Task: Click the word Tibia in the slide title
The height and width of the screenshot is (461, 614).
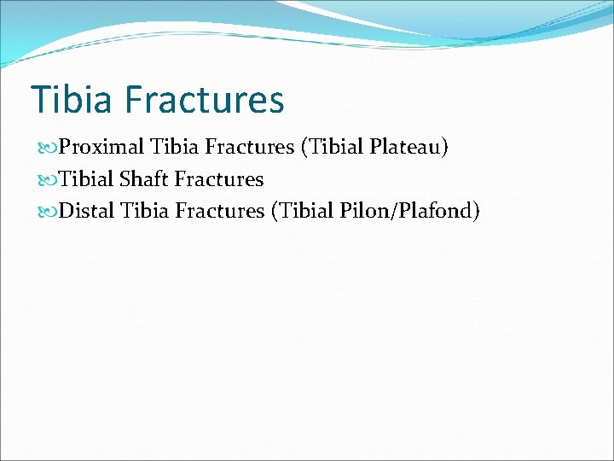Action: point(71,99)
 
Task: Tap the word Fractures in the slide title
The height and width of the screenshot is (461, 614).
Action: point(204,99)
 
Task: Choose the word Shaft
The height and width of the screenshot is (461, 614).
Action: point(144,179)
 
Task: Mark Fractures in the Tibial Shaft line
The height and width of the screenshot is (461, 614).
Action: point(218,179)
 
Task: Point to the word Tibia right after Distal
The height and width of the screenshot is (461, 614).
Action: point(146,210)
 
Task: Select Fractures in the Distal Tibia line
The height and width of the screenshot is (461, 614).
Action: point(221,210)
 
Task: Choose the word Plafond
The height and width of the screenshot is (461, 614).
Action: point(433,210)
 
